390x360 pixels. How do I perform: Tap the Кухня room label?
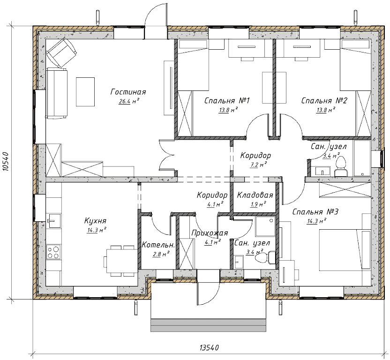(96, 220)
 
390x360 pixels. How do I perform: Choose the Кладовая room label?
(255, 195)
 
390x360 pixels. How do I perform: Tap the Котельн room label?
(157, 245)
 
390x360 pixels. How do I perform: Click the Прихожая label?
(210, 233)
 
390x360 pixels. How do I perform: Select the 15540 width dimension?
(210, 347)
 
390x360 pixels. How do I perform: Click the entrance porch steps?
(210, 324)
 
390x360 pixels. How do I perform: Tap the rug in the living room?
(85, 92)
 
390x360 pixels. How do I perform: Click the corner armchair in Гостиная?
(60, 51)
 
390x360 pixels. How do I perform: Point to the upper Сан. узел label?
(329, 147)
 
